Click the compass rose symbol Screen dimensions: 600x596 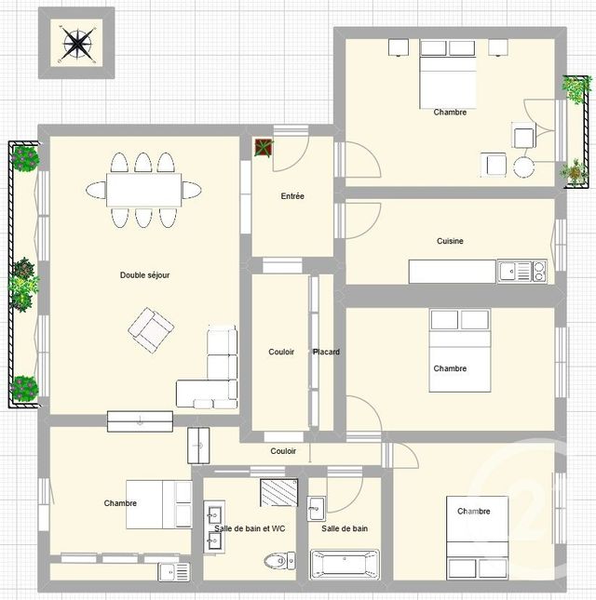click(75, 42)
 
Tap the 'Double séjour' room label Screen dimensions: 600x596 click(144, 275)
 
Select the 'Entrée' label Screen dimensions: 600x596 click(292, 196)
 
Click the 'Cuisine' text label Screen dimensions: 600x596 click(450, 241)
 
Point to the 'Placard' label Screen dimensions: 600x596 click(326, 352)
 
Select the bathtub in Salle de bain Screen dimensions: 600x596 click(344, 564)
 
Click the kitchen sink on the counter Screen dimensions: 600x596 click(508, 272)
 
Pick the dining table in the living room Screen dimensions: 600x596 click(142, 191)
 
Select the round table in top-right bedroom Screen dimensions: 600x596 click(523, 167)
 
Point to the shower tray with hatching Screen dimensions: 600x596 click(278, 492)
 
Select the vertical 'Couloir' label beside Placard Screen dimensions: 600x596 click(281, 352)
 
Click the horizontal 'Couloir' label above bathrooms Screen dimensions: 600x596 click(283, 451)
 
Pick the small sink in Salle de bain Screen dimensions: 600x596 click(317, 507)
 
